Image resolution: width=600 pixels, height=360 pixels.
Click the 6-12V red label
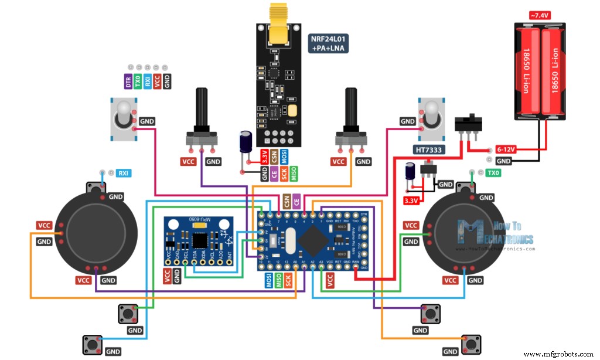506,150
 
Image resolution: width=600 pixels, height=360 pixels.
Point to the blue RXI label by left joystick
124,173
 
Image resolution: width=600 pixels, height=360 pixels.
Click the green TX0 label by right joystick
493,173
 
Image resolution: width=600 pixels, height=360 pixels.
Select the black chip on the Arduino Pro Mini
317,240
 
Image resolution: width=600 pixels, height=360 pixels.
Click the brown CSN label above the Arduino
287,201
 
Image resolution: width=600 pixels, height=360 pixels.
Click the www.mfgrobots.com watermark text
558,354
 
